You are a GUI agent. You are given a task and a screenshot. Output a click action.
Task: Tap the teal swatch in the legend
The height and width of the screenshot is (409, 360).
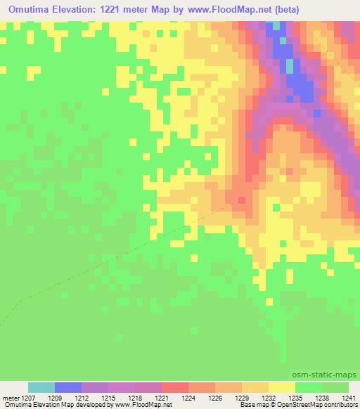click(x=41, y=387)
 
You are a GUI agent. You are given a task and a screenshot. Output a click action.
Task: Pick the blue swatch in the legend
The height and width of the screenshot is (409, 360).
click(x=68, y=387)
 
